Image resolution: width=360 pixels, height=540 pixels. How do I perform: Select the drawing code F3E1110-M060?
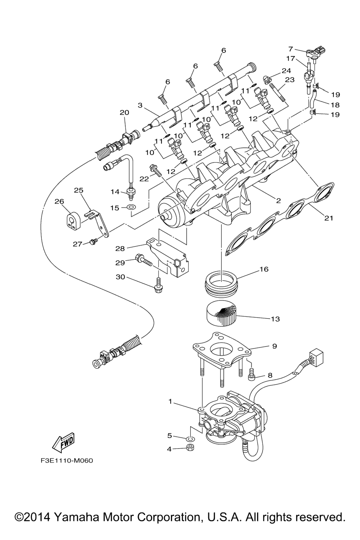[64, 460]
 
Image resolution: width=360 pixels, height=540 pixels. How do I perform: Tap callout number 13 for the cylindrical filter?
[275, 319]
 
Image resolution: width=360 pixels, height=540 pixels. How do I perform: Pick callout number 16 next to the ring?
[264, 269]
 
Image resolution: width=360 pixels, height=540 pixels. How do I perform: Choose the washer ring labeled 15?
[131, 208]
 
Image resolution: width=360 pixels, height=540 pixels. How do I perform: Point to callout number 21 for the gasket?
[328, 218]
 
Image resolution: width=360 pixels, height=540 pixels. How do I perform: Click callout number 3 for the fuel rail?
[140, 105]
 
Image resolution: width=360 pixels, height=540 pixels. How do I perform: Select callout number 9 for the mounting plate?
[275, 346]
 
